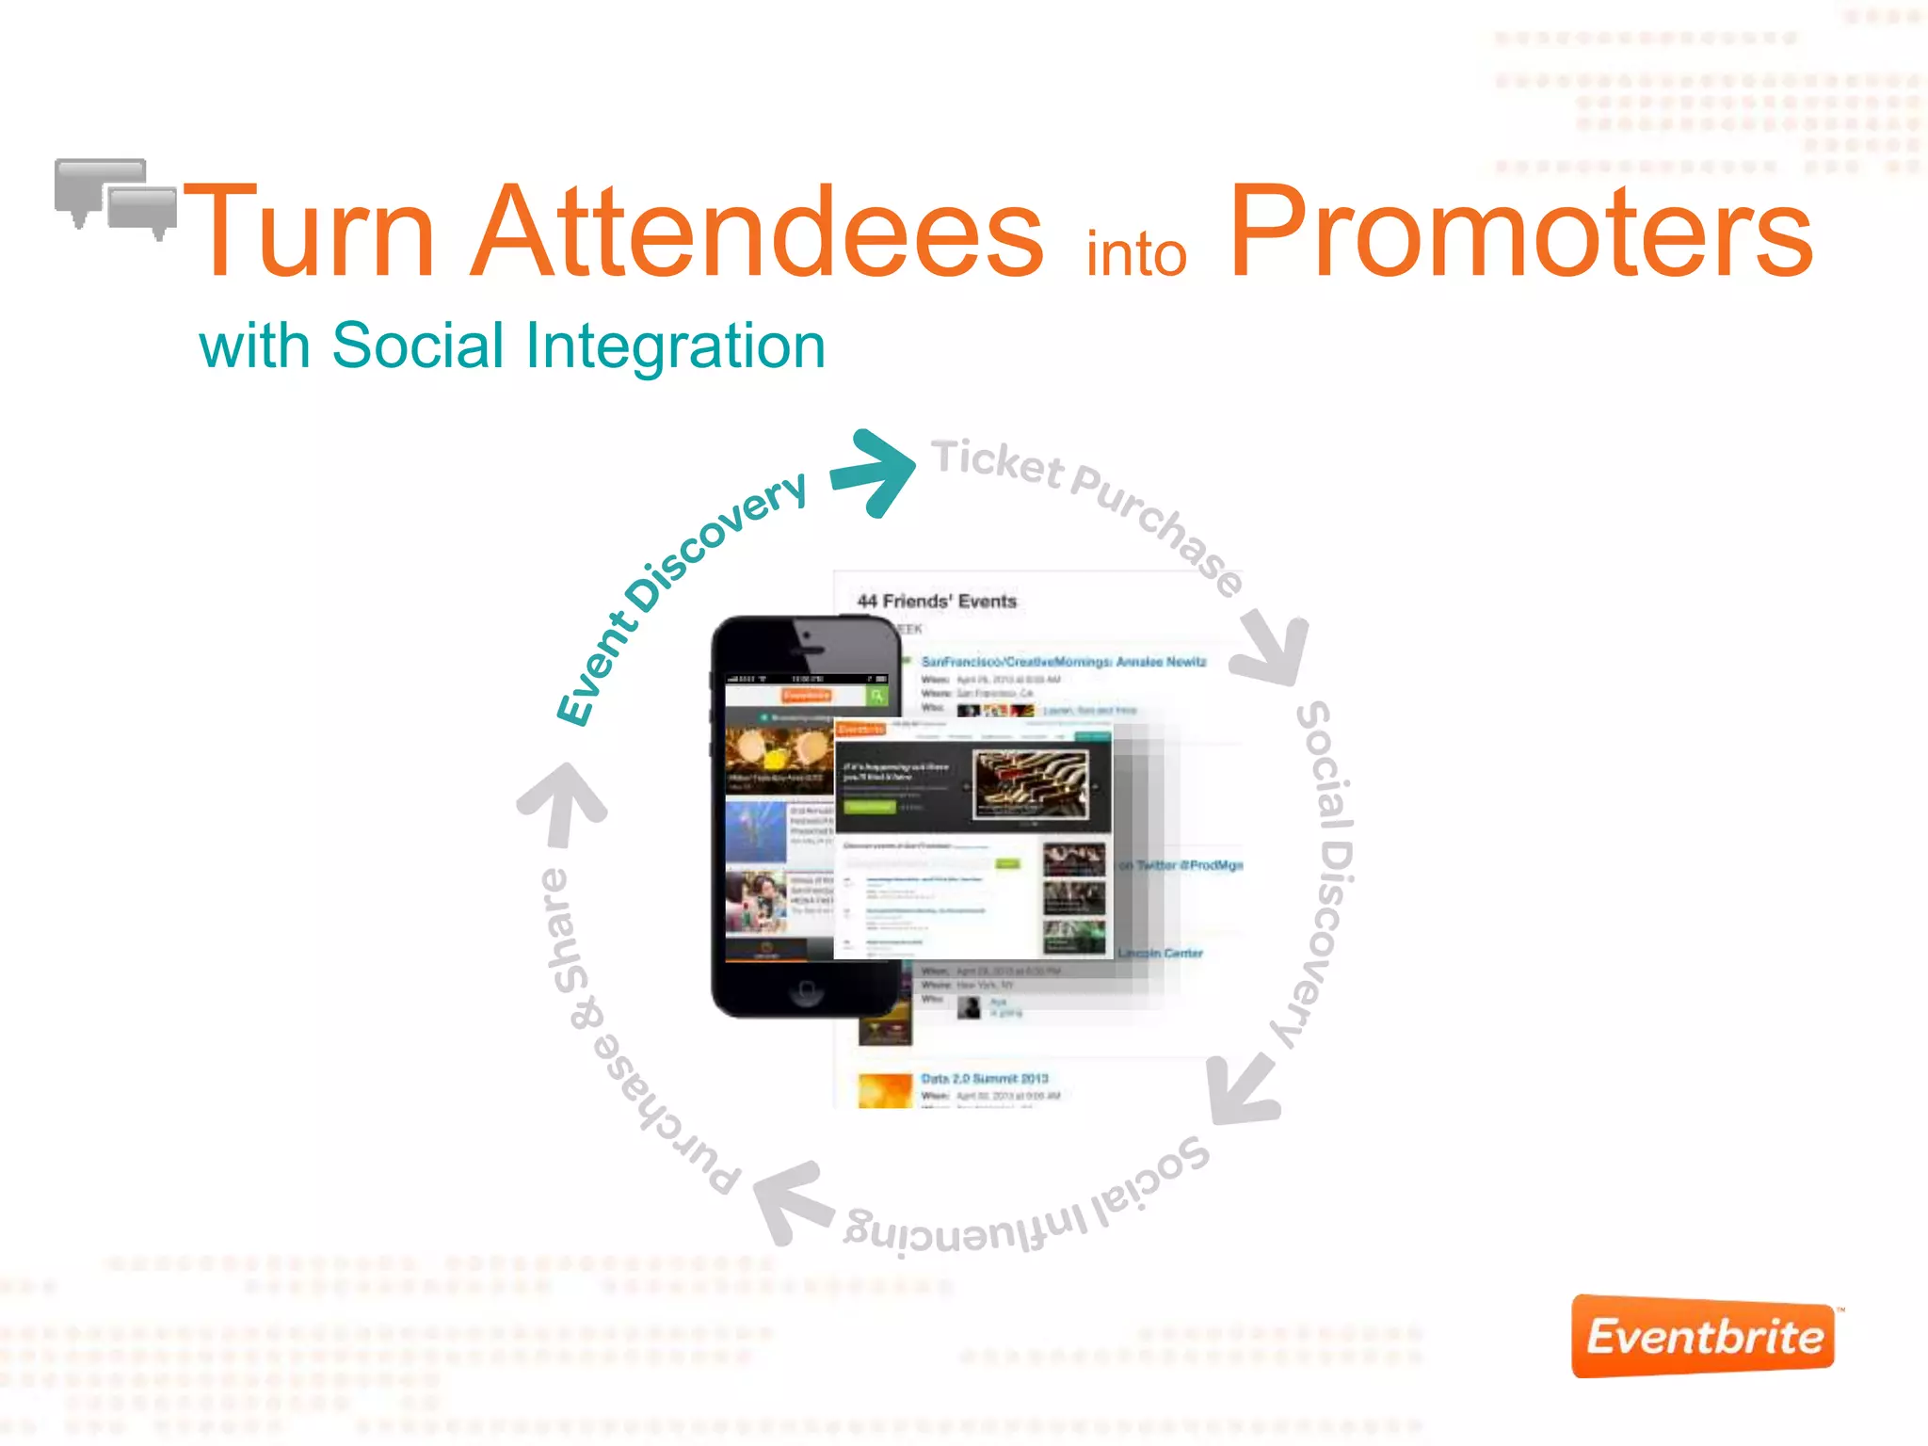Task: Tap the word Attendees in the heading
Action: click(x=757, y=232)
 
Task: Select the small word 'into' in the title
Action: click(x=1136, y=254)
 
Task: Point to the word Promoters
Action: click(x=1520, y=232)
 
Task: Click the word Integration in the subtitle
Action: click(x=675, y=345)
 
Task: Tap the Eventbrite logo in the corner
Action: click(x=1703, y=1336)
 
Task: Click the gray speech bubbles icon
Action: click(x=116, y=197)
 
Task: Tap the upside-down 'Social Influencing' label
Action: click(x=1026, y=1204)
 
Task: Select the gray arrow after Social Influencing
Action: click(x=791, y=1200)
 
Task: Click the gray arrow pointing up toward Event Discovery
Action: click(x=563, y=800)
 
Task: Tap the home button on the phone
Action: click(x=806, y=989)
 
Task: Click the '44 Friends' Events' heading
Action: click(x=937, y=602)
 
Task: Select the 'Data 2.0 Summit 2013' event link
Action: click(x=984, y=1079)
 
